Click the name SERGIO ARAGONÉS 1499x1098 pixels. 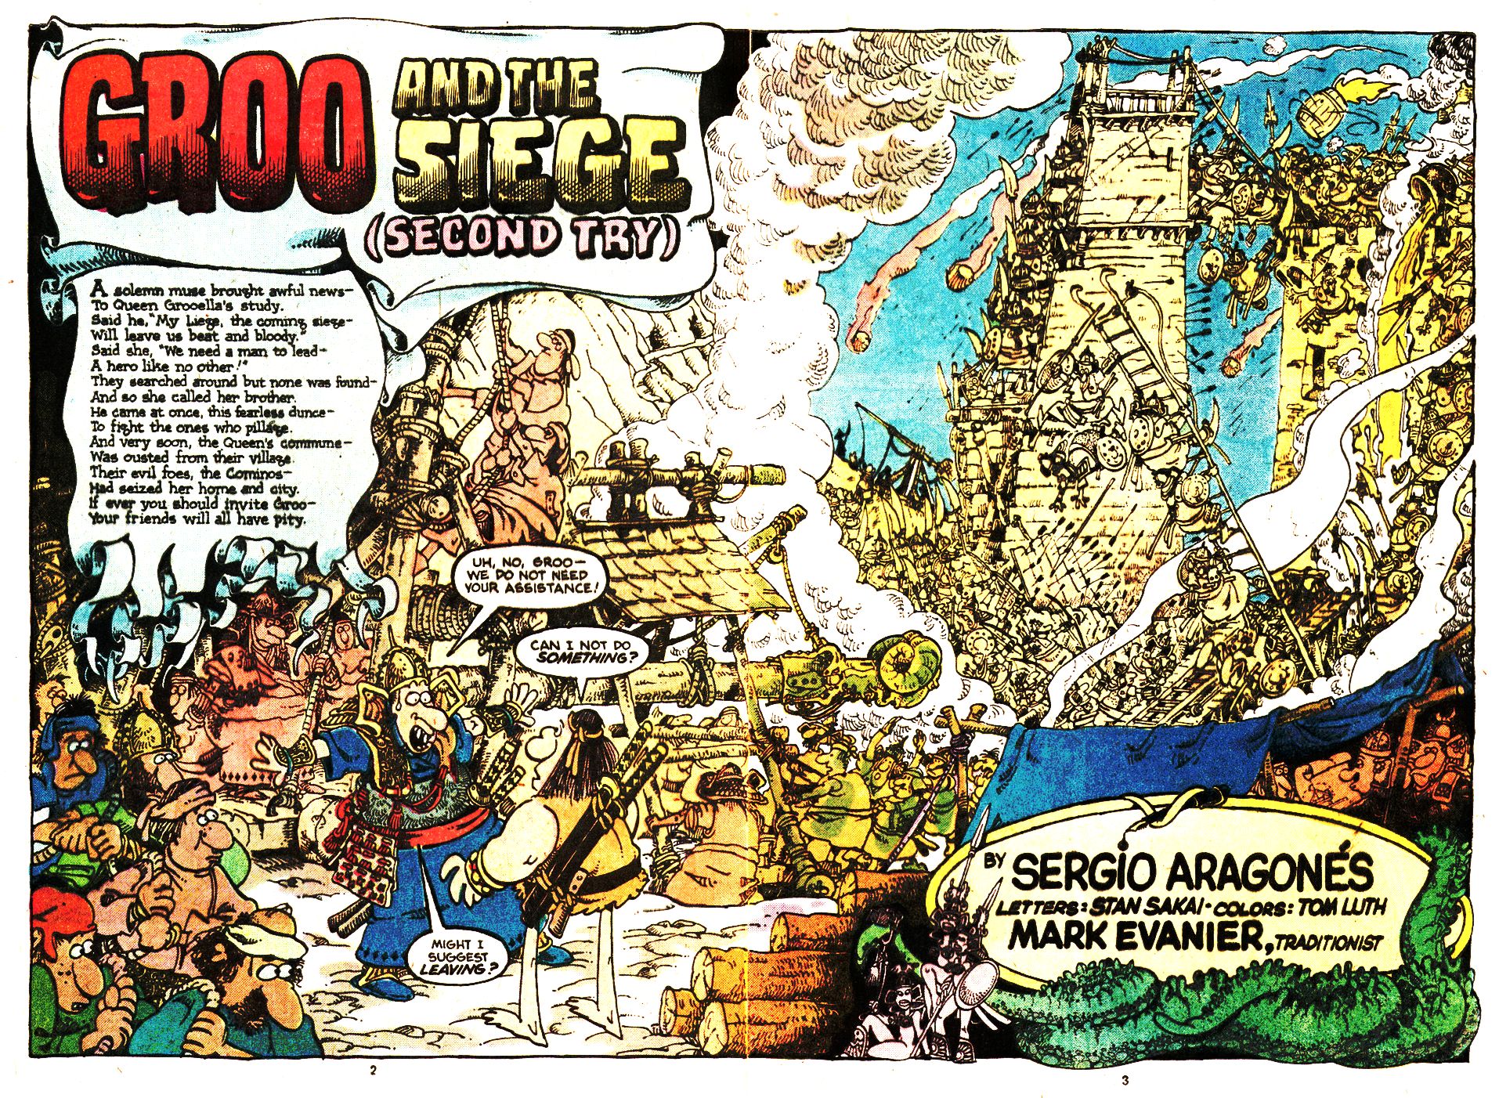pyautogui.click(x=1190, y=869)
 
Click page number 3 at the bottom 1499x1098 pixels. pyautogui.click(x=1125, y=1081)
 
